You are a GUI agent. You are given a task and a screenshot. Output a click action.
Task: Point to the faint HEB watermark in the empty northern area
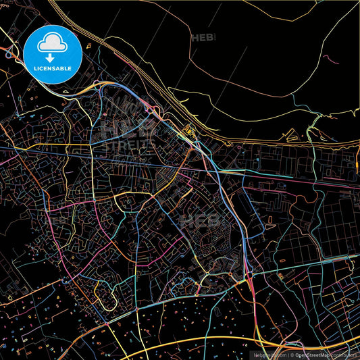pyautogui.click(x=204, y=38)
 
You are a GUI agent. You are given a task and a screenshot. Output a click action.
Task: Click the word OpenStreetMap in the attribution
pyautogui.click(x=311, y=354)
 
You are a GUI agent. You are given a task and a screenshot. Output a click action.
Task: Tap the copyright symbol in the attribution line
pyautogui.click(x=291, y=354)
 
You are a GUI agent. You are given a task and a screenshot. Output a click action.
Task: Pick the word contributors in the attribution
pyautogui.click(x=342, y=354)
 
